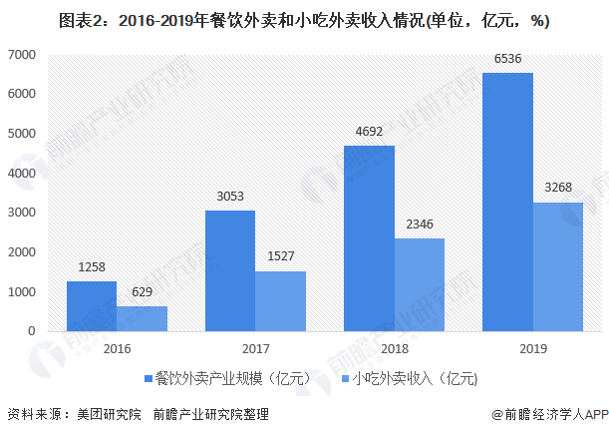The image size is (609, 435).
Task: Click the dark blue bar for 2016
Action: coord(91,305)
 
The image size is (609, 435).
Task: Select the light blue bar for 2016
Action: coord(141,318)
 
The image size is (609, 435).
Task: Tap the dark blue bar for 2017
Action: coord(229,270)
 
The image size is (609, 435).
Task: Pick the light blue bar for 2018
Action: coord(419,284)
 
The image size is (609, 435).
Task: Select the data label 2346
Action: coord(419,226)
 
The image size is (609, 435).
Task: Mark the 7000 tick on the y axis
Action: coord(23,54)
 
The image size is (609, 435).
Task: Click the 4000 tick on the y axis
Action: coord(23,173)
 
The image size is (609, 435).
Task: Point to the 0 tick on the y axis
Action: coord(33,331)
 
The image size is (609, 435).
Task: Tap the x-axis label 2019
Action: coord(532,348)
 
